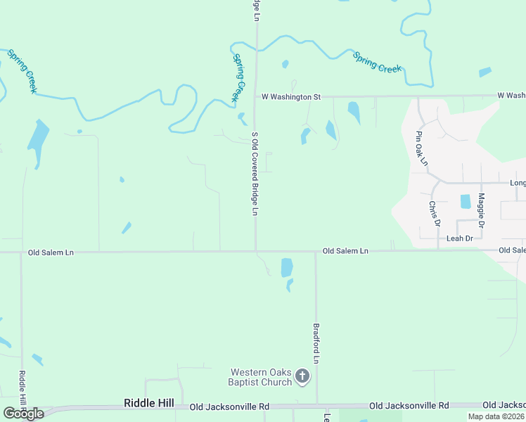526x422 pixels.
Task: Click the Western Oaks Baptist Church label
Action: (262, 377)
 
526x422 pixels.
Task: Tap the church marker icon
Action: (302, 376)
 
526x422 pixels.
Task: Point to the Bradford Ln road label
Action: (316, 343)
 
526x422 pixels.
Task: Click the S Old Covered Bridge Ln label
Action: (255, 174)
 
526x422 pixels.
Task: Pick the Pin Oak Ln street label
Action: (421, 148)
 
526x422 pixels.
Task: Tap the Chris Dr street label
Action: (434, 213)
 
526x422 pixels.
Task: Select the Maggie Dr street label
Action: (482, 210)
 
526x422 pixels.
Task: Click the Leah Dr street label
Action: (460, 238)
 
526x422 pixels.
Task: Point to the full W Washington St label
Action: (291, 96)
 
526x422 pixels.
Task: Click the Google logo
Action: (23, 414)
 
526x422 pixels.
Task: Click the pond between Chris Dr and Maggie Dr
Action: (465, 202)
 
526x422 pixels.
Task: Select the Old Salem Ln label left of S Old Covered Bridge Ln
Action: (51, 252)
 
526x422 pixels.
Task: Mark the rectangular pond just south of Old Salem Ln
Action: (287, 267)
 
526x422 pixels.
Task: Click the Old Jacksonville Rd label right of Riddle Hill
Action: (229, 407)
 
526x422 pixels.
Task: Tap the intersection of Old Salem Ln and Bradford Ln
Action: (316, 251)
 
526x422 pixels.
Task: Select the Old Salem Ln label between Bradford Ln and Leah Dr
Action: (345, 251)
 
